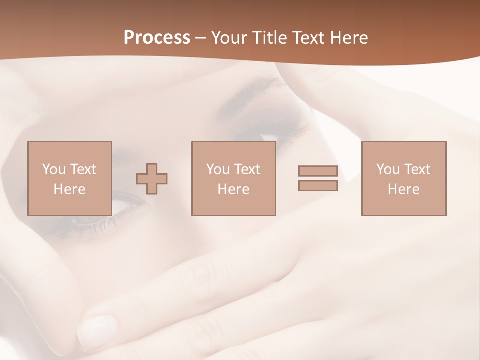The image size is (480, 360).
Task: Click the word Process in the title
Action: [x=157, y=38]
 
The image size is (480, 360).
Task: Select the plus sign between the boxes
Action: [x=152, y=179]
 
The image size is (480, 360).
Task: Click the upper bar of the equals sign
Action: [x=318, y=171]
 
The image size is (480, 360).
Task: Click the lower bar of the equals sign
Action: [x=318, y=186]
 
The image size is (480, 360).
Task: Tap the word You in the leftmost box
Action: [x=54, y=169]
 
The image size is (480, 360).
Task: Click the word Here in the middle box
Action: [x=233, y=189]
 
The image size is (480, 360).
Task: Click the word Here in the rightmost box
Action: [x=403, y=189]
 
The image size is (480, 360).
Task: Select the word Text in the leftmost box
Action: [x=83, y=169]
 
